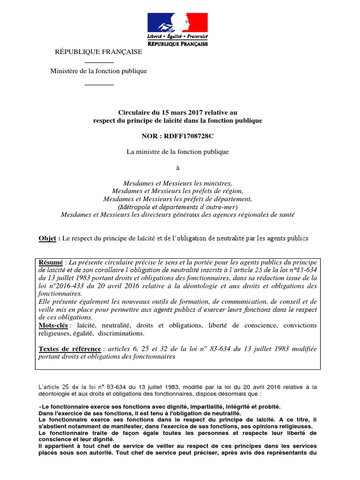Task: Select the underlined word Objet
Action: point(48,238)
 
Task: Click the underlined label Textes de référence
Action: point(70,349)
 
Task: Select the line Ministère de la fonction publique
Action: point(99,71)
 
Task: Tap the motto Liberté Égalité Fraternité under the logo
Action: point(178,36)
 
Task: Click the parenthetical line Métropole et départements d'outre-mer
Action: point(178,207)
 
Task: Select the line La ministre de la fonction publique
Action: point(178,151)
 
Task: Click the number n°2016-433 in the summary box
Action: point(65,285)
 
